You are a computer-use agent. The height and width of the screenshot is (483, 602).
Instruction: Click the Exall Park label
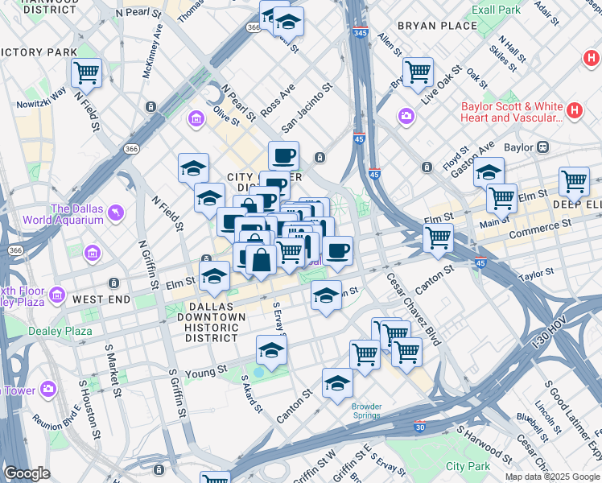tap(520, 10)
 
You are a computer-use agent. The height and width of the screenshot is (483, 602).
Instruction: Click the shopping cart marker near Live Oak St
tap(418, 72)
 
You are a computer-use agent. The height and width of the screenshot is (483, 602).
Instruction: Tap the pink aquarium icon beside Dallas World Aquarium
tap(118, 213)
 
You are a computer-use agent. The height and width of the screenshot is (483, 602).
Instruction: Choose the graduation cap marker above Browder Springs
tap(337, 383)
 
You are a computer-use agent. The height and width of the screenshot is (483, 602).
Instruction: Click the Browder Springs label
tap(366, 411)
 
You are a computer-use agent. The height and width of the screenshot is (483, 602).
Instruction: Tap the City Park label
tap(468, 466)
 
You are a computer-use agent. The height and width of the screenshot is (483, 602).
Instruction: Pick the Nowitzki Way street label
tap(41, 100)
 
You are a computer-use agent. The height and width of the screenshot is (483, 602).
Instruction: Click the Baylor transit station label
tap(518, 148)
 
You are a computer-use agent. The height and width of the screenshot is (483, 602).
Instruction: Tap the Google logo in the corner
tap(27, 473)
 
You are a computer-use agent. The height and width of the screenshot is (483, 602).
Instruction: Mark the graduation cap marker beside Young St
tap(271, 349)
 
